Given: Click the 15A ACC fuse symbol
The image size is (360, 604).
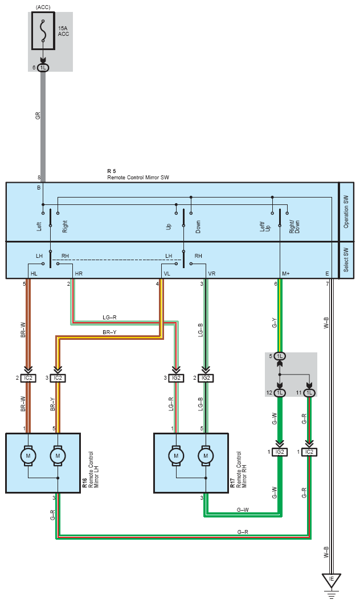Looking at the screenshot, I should point(43,27).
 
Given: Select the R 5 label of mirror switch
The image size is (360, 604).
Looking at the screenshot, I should point(112,171).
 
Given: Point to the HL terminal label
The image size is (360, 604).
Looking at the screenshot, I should point(34,274).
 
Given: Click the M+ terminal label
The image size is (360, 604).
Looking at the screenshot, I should point(286,274).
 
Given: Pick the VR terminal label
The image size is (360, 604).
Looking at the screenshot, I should point(212,274).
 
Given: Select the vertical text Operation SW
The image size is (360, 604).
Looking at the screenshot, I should point(346,212).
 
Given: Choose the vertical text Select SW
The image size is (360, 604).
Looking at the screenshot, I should point(346,260).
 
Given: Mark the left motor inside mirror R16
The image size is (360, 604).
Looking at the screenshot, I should point(27,455).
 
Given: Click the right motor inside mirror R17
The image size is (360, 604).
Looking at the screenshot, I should point(205,455).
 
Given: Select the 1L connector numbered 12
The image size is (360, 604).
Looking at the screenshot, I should point(280,393).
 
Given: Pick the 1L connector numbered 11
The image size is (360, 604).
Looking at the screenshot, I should point(309,393).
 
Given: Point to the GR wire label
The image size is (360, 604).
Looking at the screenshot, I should point(38,115).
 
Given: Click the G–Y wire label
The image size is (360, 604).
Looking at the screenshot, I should point(275,324).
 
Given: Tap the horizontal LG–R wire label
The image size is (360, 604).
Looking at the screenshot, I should point(110,317).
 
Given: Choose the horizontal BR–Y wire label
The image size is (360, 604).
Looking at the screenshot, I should point(110,332).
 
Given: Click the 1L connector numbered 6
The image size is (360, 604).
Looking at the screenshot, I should point(43,68).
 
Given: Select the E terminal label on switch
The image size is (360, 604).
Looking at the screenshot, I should point(327,274).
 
